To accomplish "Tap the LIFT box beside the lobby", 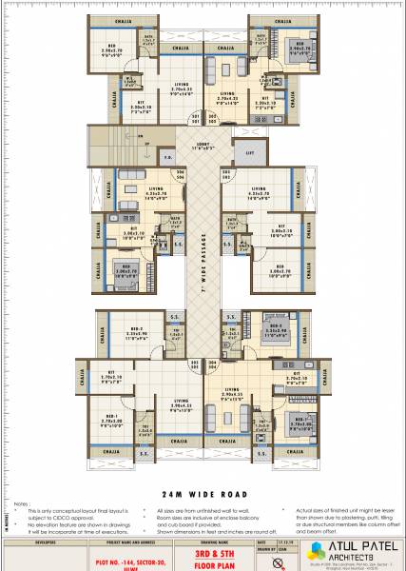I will [250, 151].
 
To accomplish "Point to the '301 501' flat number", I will [195, 363].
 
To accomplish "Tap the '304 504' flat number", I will [213, 363].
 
